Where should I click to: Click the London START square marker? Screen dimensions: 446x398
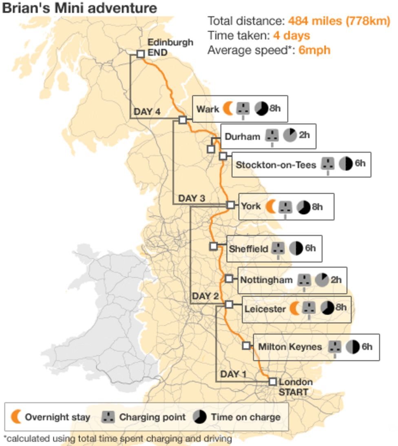click(273, 382)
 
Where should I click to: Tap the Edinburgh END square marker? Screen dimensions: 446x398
click(140, 54)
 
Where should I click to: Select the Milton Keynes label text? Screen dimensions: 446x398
click(290, 347)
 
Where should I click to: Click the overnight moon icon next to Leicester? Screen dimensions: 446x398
click(294, 308)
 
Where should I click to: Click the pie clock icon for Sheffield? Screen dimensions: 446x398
click(296, 248)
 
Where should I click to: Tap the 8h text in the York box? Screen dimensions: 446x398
click(317, 206)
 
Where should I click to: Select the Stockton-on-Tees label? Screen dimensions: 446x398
click(276, 165)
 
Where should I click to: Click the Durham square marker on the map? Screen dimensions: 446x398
click(211, 149)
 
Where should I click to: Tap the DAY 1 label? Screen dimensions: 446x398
click(233, 374)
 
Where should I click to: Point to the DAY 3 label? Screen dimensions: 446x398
click(192, 199)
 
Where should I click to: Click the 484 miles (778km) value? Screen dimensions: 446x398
click(339, 21)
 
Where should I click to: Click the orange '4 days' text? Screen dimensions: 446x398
click(291, 36)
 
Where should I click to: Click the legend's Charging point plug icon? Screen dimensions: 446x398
click(108, 417)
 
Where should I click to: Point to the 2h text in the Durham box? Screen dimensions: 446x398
click(304, 135)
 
